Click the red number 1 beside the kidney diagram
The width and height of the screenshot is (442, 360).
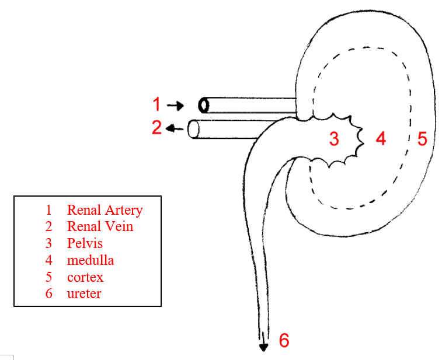click(156, 104)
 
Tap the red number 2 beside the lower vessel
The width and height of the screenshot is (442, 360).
click(156, 127)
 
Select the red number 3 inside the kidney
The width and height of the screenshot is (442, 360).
click(333, 139)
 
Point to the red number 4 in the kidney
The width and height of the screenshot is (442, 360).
click(381, 139)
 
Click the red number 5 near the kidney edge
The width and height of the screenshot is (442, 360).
click(422, 139)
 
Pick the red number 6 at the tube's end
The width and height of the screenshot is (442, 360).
click(284, 340)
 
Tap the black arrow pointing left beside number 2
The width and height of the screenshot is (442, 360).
click(173, 128)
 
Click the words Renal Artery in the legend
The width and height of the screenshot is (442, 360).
click(105, 210)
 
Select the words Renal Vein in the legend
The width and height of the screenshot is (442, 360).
click(100, 226)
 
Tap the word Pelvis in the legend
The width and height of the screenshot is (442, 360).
click(85, 243)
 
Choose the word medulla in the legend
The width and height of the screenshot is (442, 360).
click(90, 260)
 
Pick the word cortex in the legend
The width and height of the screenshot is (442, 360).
click(85, 277)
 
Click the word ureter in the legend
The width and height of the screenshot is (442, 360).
click(83, 293)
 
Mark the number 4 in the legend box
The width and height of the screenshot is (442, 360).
click(49, 260)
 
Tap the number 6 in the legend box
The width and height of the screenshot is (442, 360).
click(49, 293)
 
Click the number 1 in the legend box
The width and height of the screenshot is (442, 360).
click(49, 210)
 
